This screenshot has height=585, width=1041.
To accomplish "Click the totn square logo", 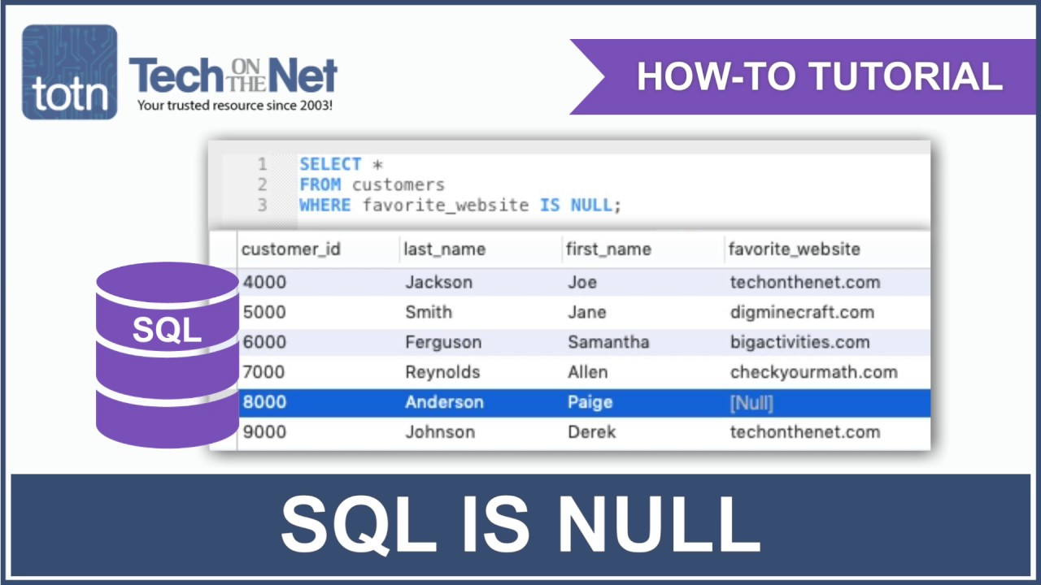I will coord(69,72).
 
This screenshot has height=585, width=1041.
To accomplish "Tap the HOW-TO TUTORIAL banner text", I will coord(819,76).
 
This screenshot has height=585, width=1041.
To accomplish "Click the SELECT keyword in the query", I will coord(330,165).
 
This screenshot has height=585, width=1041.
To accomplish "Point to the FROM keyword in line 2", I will coord(320,185).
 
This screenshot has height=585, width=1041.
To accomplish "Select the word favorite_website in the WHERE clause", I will coord(446,206).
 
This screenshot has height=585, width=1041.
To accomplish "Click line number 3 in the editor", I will coord(262,206).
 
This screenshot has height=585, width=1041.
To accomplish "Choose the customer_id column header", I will coord(290,249).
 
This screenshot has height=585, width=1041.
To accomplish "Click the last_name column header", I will coord(445,249).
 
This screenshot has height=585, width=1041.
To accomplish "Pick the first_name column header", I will coord(608,249).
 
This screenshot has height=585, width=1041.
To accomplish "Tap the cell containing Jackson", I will coord(438,283).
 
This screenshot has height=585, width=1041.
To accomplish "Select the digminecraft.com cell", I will coord(802,312).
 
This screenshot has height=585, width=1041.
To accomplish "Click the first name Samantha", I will coord(608,342).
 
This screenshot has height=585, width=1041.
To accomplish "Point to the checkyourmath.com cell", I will coord(813,372).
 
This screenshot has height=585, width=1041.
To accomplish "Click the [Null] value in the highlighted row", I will coord(751,402).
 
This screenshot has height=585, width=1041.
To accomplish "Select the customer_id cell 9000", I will coord(264,432).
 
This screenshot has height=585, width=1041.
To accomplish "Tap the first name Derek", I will coord(591,432).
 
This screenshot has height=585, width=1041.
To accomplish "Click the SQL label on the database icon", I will coord(167,330).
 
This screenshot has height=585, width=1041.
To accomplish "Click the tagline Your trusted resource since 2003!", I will coord(234,106).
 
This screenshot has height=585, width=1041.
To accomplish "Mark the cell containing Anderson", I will coord(444,402).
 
